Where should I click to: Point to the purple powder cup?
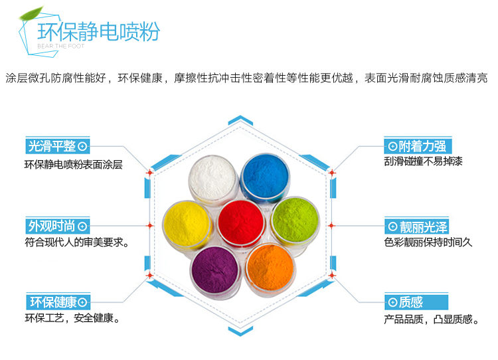click(x=214, y=268)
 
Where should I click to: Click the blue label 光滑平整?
click(x=56, y=147)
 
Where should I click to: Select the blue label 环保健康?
click(x=56, y=302)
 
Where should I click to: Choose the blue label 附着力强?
click(x=416, y=147)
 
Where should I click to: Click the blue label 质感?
click(x=405, y=302)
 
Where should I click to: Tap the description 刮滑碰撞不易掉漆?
click(x=423, y=162)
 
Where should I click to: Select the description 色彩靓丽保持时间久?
click(x=428, y=242)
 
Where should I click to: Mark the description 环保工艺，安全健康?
click(x=72, y=319)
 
